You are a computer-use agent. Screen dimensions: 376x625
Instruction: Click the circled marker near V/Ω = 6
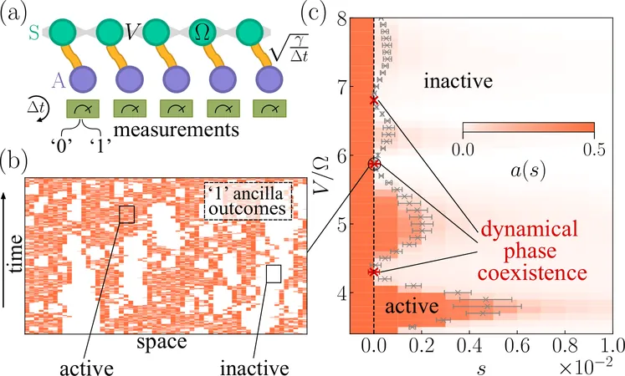pos(374,165)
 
